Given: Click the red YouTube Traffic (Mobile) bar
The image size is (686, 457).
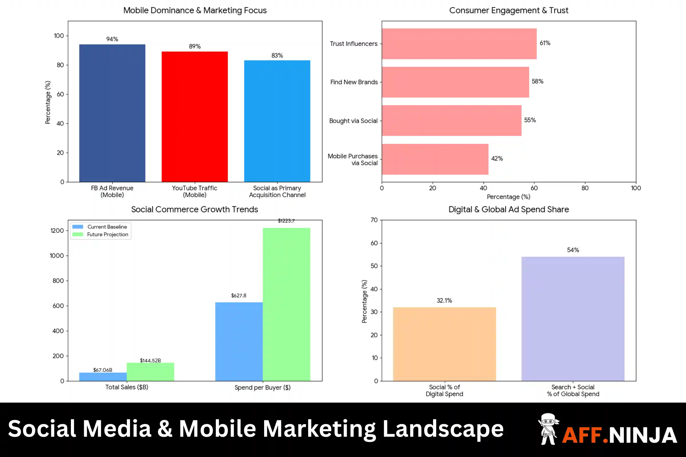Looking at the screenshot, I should tap(195, 117).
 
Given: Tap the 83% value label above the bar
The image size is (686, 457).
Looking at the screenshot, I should tap(277, 55).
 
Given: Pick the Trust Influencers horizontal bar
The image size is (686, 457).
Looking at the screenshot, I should tap(459, 44).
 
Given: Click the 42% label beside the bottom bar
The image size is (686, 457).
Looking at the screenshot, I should tap(497, 159).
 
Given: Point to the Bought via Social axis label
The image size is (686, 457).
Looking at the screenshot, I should tap(353, 121).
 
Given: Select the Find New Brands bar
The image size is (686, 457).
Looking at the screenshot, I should tap(455, 82).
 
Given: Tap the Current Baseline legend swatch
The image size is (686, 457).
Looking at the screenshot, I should tap(77, 227).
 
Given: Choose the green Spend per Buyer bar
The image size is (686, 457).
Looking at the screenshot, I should tap(286, 304).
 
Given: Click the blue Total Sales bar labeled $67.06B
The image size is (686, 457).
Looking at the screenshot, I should tap(103, 376).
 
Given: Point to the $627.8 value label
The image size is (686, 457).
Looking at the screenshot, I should tap(239, 296).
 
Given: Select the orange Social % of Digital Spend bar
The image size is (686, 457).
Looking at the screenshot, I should tap(444, 344).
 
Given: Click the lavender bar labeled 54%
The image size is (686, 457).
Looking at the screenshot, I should tap(573, 319).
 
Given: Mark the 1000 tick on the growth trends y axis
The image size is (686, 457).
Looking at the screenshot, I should tap(57, 256).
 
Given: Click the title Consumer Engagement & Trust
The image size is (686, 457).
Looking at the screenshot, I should tap(509, 11).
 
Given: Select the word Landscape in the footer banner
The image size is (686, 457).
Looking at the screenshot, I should tap(443, 429).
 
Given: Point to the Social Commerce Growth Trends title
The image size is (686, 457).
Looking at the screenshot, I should tap(195, 209).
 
